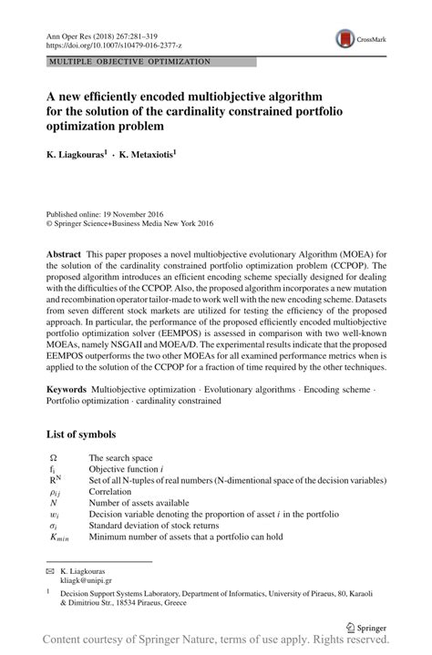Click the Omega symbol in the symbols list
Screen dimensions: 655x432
pos(53,457)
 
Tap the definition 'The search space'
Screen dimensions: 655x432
pos(120,457)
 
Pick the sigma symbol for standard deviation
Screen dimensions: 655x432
pos(53,526)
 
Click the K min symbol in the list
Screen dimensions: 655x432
pos(57,537)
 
